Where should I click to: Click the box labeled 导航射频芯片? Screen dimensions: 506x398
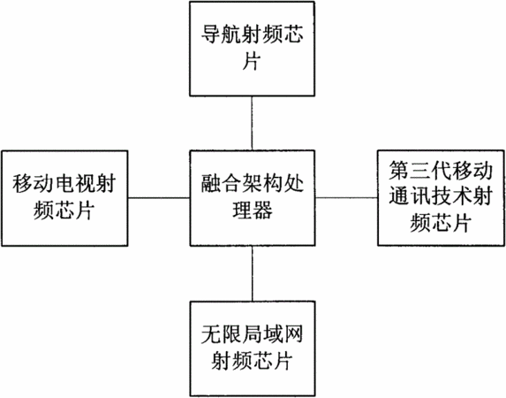click(x=252, y=49)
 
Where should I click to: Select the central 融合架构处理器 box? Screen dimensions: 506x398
click(x=253, y=198)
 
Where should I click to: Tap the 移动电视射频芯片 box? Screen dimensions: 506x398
click(x=64, y=198)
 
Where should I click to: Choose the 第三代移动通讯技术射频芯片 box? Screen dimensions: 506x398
click(x=441, y=198)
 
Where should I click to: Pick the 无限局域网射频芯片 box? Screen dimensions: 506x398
click(x=253, y=348)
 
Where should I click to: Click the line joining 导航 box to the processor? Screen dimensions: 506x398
click(x=252, y=123)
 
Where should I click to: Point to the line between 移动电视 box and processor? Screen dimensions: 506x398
click(x=159, y=198)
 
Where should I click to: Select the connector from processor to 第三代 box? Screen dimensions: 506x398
click(x=346, y=197)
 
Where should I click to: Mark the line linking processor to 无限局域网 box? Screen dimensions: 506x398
click(x=253, y=273)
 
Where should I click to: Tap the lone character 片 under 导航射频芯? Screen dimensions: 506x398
click(x=252, y=60)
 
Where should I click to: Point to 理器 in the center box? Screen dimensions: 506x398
click(x=253, y=210)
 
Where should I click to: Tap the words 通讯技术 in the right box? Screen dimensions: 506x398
click(x=430, y=196)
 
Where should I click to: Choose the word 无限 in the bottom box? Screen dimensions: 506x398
click(x=222, y=334)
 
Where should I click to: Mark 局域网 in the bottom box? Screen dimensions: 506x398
click(x=273, y=334)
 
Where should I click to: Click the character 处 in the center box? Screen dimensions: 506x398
click(x=293, y=183)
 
